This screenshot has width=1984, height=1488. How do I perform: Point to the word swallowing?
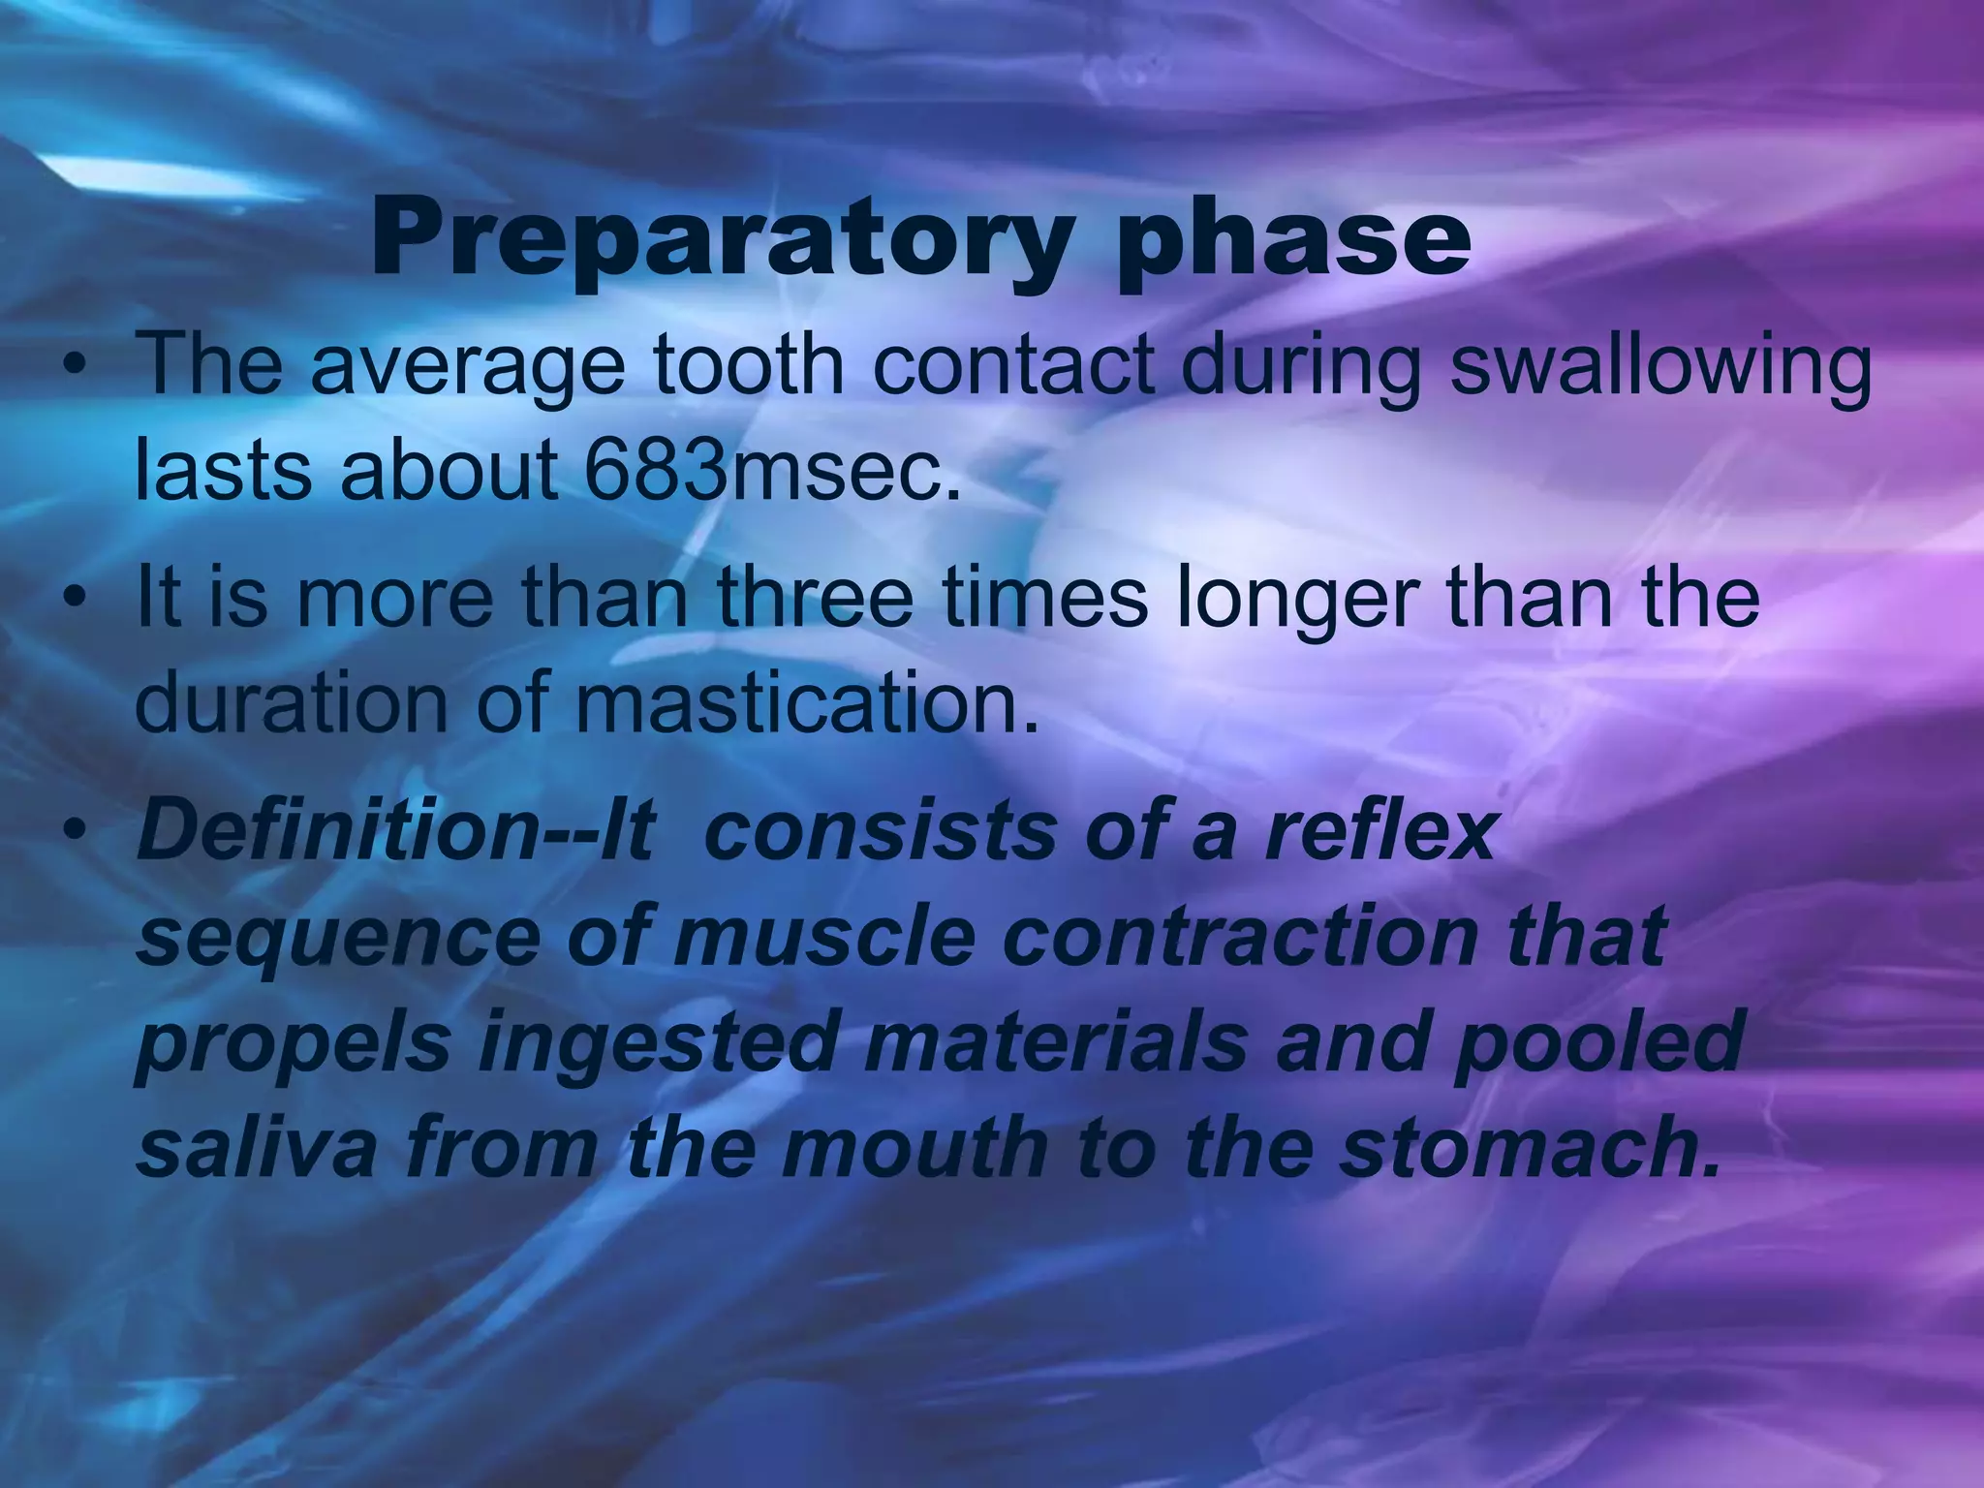coord(1658,368)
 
